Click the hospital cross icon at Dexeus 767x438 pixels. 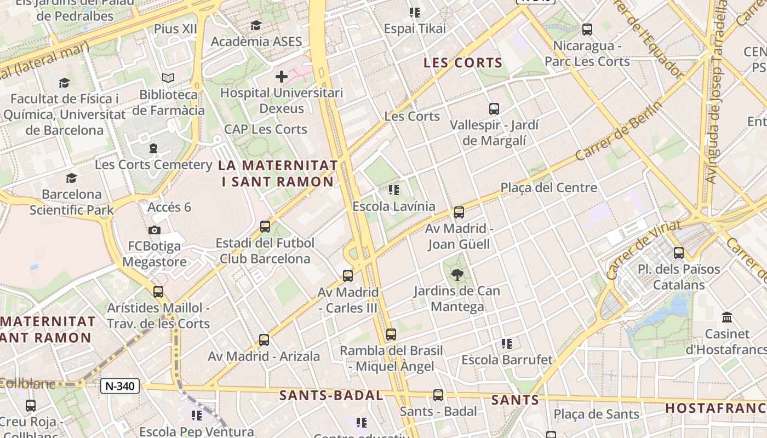click(x=282, y=77)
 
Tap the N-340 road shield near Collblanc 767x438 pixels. click(x=120, y=386)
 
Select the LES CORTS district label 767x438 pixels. click(x=463, y=63)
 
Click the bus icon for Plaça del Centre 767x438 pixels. click(x=459, y=212)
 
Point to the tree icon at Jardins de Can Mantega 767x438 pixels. click(x=456, y=275)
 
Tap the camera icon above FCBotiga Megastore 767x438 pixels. click(x=154, y=230)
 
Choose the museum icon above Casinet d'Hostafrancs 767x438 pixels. click(x=727, y=318)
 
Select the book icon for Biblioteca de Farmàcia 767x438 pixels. click(x=168, y=78)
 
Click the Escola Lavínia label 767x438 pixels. click(x=394, y=206)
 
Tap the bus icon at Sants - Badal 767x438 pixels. click(x=438, y=395)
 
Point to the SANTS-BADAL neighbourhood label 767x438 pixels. click(x=331, y=395)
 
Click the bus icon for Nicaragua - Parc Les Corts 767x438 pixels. click(x=587, y=30)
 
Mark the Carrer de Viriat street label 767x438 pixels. click(x=644, y=250)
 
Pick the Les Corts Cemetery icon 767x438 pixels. click(x=153, y=148)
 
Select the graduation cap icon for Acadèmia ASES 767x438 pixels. click(x=256, y=26)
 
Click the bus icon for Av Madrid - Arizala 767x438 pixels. click(x=264, y=340)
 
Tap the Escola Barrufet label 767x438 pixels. click(x=507, y=360)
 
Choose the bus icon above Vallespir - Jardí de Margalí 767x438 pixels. click(x=494, y=109)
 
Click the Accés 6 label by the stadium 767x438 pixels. click(x=169, y=207)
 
